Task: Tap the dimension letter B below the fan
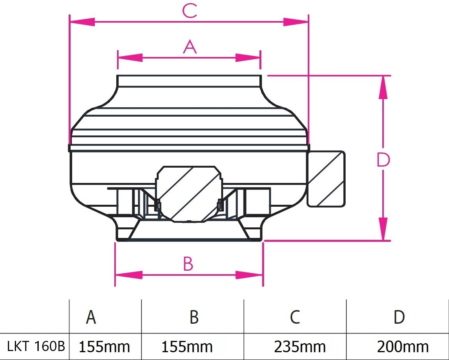pos(188,264)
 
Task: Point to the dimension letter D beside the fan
pos(383,160)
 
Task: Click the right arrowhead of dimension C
pos(296,22)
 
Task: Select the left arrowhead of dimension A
pos(130,58)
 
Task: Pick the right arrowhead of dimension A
pos(248,58)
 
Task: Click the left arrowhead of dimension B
pos(128,275)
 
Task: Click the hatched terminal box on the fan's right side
pos(327,179)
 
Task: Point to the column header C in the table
pos(295,317)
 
